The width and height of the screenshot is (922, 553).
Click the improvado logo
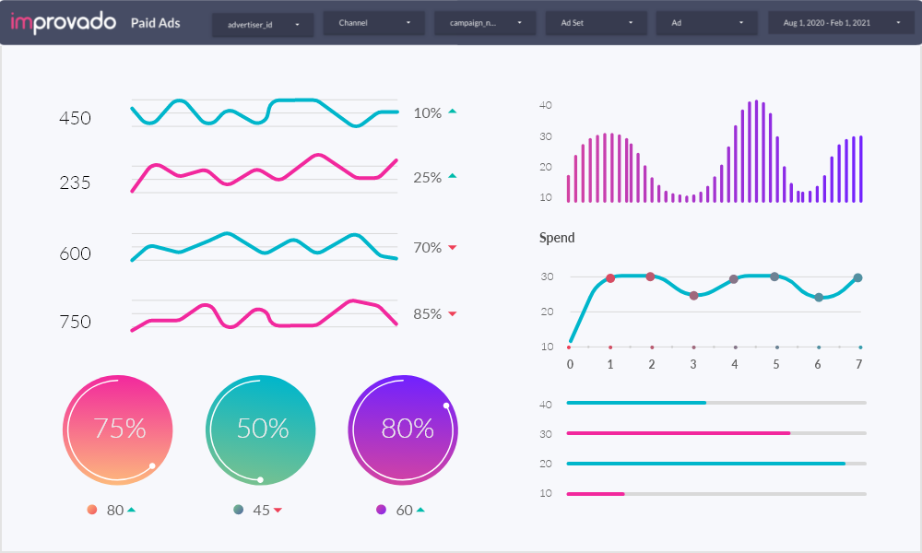click(x=65, y=23)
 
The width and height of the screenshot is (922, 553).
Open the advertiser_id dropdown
click(x=263, y=24)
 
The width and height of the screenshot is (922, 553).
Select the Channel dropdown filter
click(x=373, y=23)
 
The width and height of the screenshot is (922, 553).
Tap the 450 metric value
click(x=75, y=118)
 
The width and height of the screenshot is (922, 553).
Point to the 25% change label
click(x=428, y=177)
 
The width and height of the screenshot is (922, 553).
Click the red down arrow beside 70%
click(x=453, y=248)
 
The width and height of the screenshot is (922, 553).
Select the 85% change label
click(x=428, y=313)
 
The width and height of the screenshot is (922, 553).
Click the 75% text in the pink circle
click(x=120, y=429)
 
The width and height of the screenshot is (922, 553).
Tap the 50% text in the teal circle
click(x=263, y=429)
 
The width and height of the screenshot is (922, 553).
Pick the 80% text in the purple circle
click(x=408, y=429)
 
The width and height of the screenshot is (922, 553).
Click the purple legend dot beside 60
click(x=381, y=510)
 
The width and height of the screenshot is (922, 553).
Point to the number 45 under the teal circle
click(x=261, y=510)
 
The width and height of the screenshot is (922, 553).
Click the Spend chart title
click(x=557, y=238)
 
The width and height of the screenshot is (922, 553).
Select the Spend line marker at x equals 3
click(x=693, y=296)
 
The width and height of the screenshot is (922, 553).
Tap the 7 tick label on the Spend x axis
click(x=858, y=364)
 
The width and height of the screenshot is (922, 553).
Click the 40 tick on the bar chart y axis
click(x=546, y=105)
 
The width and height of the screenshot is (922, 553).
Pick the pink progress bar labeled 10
click(x=596, y=494)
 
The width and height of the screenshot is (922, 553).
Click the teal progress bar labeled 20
click(x=705, y=464)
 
